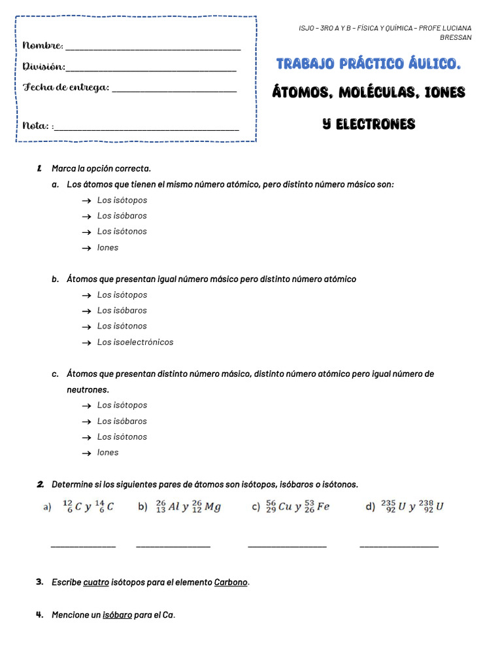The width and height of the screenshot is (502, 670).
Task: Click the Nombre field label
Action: [42, 45]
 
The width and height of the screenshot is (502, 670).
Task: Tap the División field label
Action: [44, 66]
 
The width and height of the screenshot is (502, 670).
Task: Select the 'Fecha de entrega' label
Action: [65, 87]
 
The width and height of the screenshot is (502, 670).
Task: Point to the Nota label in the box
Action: [36, 126]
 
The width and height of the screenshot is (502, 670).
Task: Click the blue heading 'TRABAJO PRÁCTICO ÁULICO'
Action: [369, 63]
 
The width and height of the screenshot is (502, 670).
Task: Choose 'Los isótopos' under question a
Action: [122, 200]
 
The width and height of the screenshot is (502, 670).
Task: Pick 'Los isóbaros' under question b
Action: [122, 311]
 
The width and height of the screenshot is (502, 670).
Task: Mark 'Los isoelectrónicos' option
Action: [135, 342]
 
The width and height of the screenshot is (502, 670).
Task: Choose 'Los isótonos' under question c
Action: [122, 437]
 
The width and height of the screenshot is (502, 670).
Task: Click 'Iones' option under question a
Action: [108, 248]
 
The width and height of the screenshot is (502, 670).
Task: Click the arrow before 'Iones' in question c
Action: [86, 453]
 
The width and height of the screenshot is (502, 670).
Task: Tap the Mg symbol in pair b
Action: [212, 506]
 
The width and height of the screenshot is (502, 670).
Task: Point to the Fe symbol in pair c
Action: [323, 506]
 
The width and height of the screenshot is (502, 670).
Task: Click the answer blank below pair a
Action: [83, 544]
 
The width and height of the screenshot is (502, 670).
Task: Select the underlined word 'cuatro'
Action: [96, 582]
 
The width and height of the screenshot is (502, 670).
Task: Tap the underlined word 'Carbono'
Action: [231, 582]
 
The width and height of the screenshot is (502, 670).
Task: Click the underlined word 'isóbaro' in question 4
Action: [117, 615]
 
